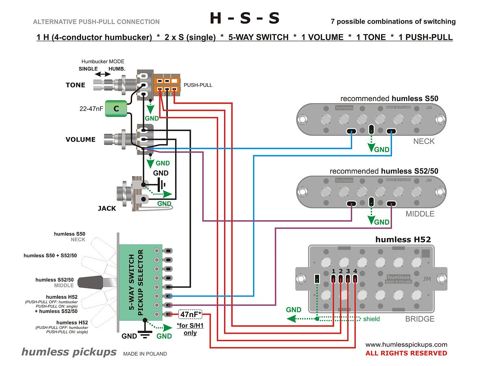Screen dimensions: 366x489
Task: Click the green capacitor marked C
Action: click(116, 109)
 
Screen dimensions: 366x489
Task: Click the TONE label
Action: click(75, 85)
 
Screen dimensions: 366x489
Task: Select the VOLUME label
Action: click(80, 139)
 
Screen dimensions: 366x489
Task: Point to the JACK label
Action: click(107, 208)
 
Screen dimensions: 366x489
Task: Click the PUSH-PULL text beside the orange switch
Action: click(198, 85)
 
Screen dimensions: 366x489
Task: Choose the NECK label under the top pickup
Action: click(424, 141)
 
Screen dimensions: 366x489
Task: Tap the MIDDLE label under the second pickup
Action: click(420, 214)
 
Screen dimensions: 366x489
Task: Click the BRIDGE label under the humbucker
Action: click(420, 319)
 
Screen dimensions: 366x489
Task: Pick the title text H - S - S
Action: click(244, 18)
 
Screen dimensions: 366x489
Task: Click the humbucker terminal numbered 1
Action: click(334, 279)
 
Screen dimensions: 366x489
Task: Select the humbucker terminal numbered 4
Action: click(355, 279)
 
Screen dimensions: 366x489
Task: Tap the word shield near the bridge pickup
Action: click(371, 319)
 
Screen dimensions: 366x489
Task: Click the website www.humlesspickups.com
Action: click(406, 344)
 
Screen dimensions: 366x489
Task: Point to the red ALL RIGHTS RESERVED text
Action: click(406, 353)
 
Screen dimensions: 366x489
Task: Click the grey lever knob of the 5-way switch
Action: click(90, 282)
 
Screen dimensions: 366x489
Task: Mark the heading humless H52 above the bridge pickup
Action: click(403, 240)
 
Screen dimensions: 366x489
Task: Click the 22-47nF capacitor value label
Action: click(91, 109)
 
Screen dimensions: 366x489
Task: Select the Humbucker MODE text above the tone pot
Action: click(103, 62)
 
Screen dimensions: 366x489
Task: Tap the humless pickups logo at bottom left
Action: click(69, 352)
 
